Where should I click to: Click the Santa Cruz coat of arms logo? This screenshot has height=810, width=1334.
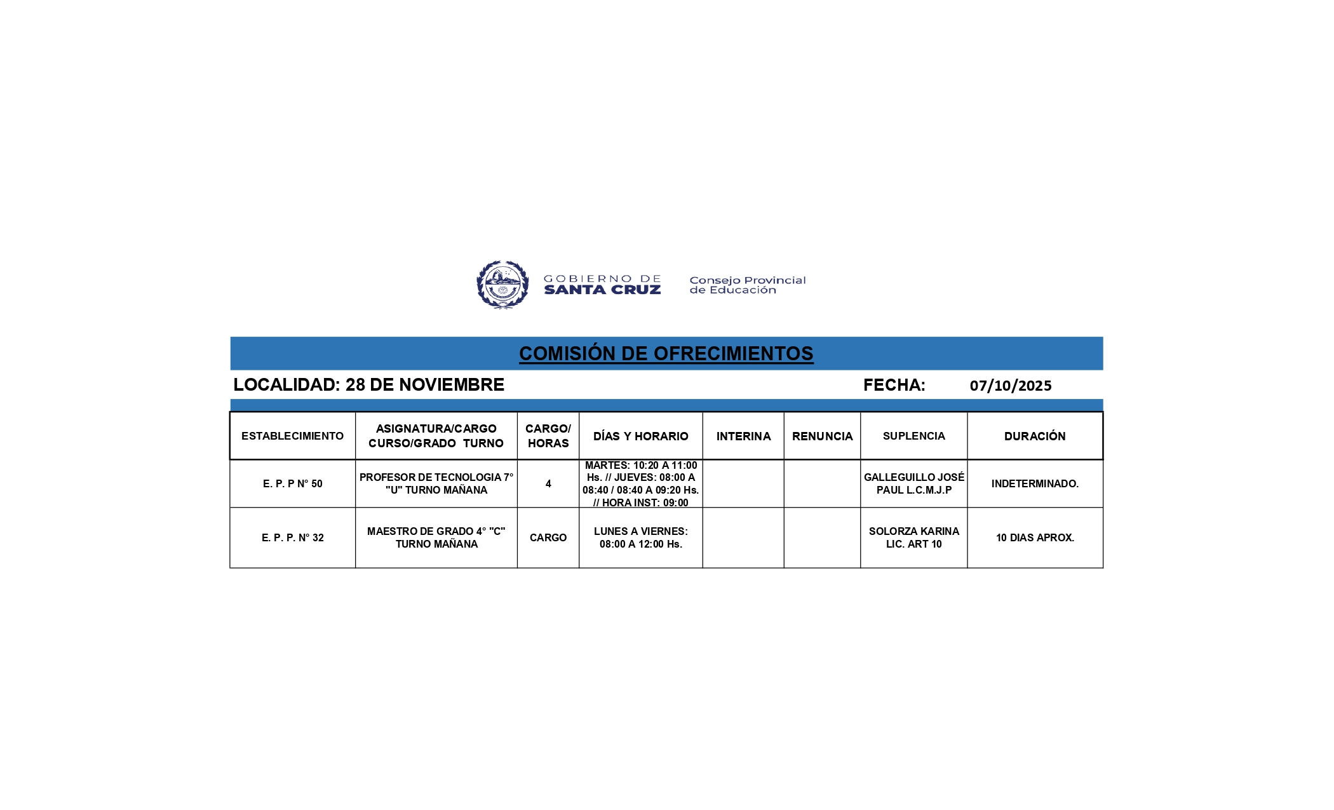tap(502, 285)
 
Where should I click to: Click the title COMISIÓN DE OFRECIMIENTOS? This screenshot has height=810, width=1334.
tap(666, 353)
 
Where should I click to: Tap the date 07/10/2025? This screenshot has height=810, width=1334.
tap(1010, 386)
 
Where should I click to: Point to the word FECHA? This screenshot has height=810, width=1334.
tap(894, 385)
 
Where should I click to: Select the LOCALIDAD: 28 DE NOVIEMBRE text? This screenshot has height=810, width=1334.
tap(368, 385)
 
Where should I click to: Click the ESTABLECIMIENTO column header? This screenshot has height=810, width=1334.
tap(292, 436)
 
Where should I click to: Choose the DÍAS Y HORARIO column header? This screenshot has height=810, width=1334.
tap(640, 436)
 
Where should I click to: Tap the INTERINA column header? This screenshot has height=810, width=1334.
tap(743, 436)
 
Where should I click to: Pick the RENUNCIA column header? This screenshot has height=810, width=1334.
tap(822, 436)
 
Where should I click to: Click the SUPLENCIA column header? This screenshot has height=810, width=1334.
tap(913, 436)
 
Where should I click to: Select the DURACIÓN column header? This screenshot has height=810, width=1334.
tap(1035, 436)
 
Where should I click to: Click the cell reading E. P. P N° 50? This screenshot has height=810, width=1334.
tap(292, 483)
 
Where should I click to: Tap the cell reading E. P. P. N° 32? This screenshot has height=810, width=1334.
tap(292, 537)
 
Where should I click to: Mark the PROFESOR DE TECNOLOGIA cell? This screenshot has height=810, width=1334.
tap(436, 483)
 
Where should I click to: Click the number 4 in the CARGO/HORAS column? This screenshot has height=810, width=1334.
tap(548, 483)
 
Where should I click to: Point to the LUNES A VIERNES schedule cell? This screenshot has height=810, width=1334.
tap(640, 537)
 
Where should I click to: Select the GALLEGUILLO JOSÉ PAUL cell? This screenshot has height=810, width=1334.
tap(913, 483)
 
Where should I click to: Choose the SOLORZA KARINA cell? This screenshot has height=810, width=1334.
tap(913, 537)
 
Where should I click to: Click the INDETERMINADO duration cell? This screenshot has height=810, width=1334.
tap(1035, 483)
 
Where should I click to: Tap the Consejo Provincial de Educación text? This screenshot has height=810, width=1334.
tap(747, 285)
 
